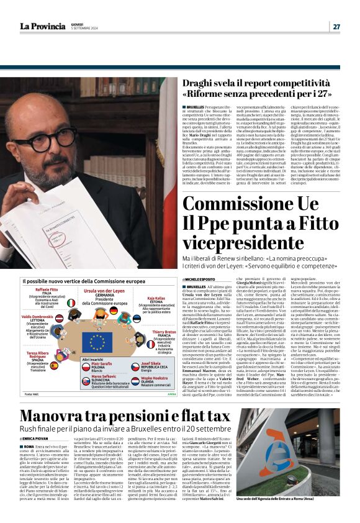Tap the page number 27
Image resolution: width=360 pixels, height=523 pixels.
pyautogui.click(x=336, y=27)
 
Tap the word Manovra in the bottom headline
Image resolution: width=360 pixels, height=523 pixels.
pyautogui.click(x=52, y=416)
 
